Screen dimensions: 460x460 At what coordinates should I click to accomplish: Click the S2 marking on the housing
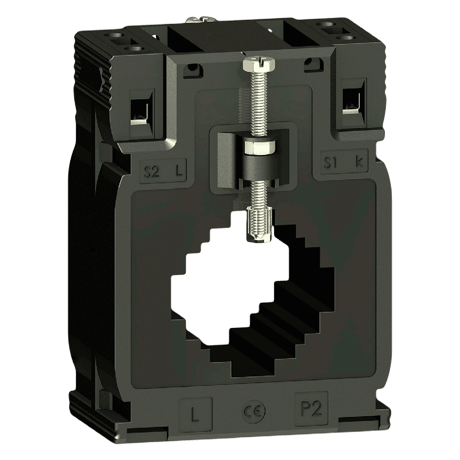click(x=151, y=171)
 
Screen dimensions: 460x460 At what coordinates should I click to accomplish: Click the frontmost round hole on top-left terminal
click(x=131, y=48)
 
